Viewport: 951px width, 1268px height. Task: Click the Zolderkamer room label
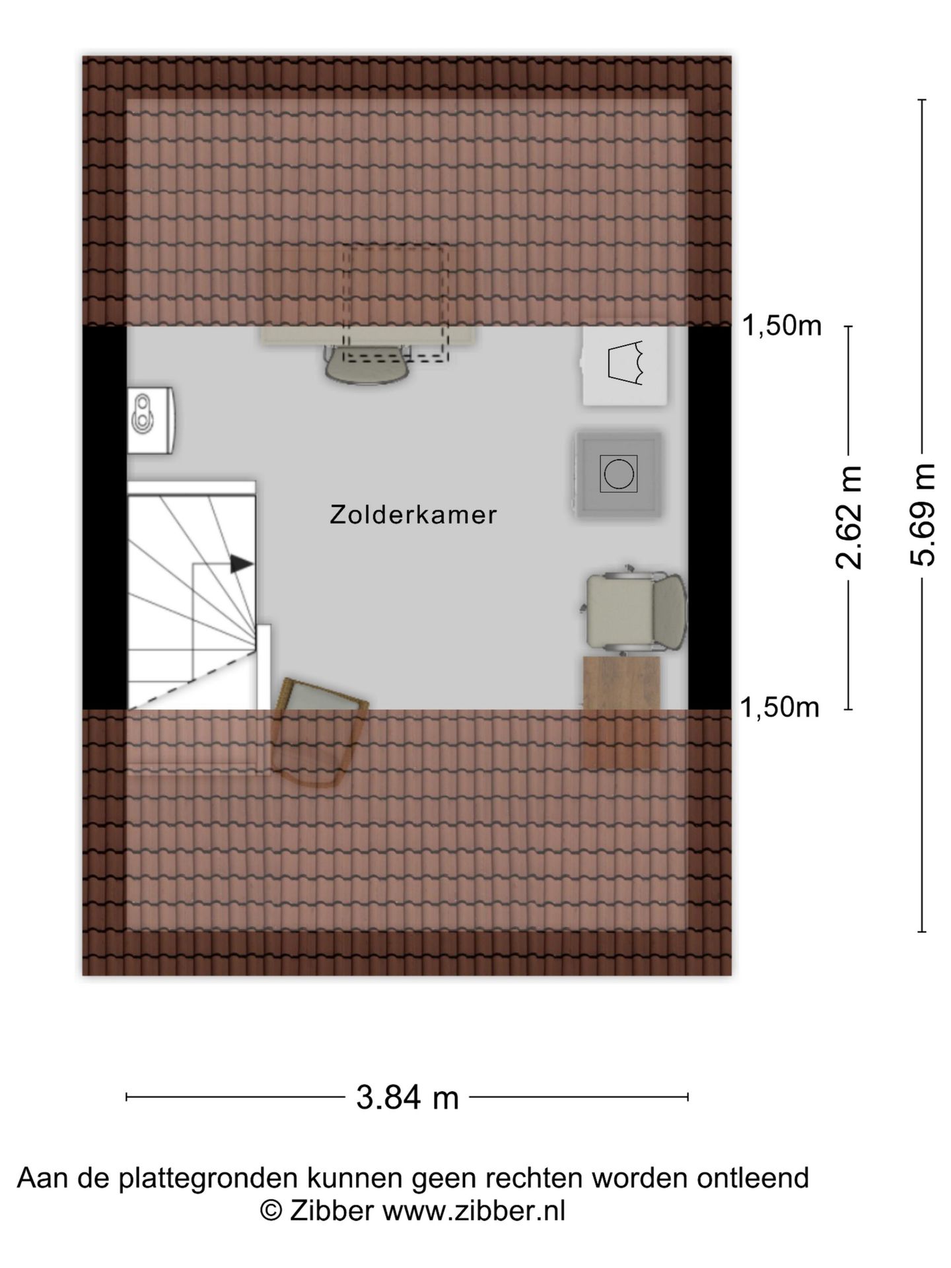[x=413, y=515]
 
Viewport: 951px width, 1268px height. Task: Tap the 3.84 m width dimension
[x=407, y=1098]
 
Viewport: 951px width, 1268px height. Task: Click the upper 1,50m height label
[x=782, y=326]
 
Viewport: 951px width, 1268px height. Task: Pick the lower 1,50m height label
[x=779, y=708]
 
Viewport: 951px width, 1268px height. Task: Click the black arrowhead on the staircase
[x=242, y=564]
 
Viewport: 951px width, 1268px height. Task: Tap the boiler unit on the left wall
[x=151, y=420]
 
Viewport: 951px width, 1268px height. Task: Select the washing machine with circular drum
[x=618, y=474]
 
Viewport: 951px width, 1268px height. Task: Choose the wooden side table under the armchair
[x=621, y=711]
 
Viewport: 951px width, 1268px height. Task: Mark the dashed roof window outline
[x=396, y=302]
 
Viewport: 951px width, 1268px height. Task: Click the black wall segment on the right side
[x=710, y=517]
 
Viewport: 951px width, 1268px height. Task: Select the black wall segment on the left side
[x=104, y=517]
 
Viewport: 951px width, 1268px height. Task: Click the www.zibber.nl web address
[x=474, y=1212]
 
